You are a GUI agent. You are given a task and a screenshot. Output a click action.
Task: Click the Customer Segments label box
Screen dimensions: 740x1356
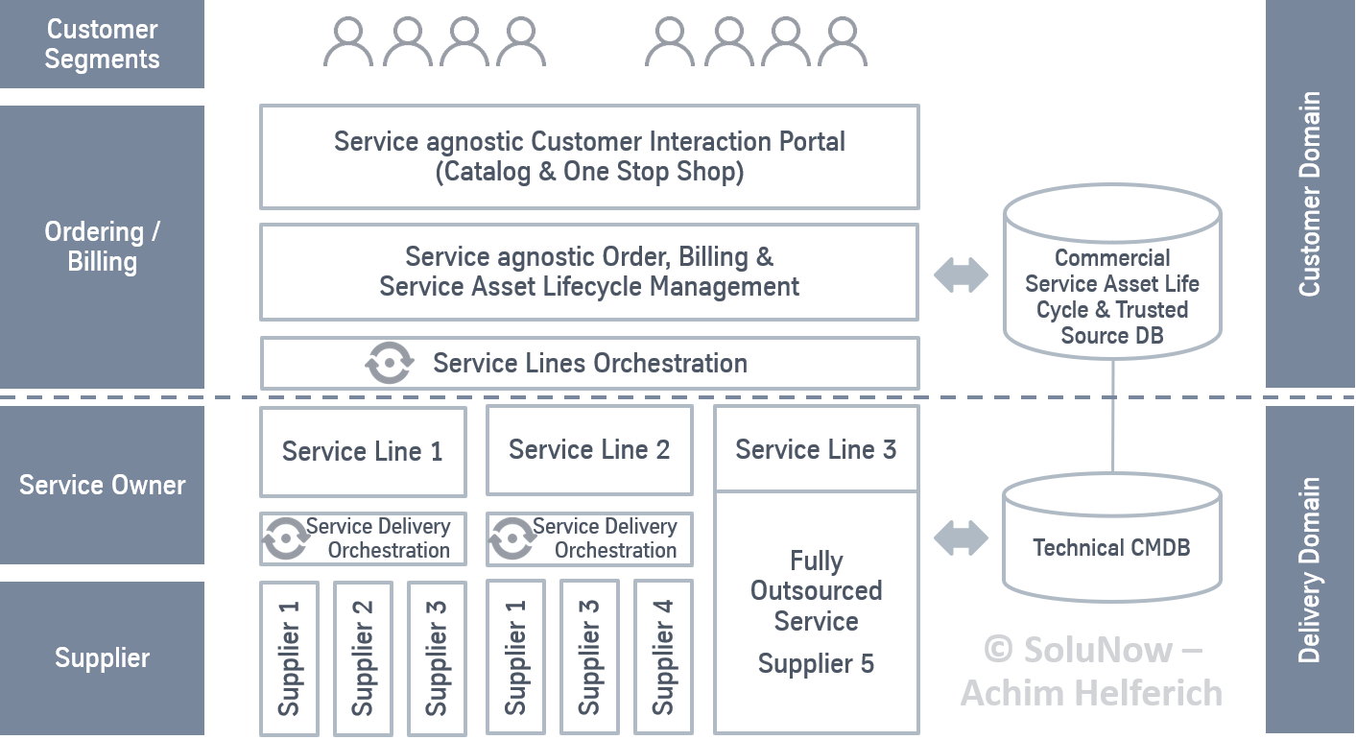pyautogui.click(x=102, y=44)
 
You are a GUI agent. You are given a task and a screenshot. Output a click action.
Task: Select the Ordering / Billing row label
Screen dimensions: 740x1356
pyautogui.click(x=102, y=247)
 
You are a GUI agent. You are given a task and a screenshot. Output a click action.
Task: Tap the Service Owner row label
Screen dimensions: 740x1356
pyautogui.click(x=102, y=485)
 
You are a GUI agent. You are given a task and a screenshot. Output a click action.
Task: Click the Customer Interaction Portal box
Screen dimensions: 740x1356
pyautogui.click(x=589, y=156)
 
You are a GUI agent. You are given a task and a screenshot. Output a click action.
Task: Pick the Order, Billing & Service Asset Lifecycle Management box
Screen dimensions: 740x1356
pyautogui.click(x=589, y=272)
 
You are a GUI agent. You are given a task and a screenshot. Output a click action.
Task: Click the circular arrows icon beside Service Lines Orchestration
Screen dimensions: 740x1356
pyautogui.click(x=390, y=364)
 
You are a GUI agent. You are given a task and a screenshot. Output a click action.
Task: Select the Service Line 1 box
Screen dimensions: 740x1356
pyautogui.click(x=363, y=451)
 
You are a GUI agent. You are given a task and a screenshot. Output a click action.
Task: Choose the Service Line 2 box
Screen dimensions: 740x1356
pyautogui.click(x=589, y=450)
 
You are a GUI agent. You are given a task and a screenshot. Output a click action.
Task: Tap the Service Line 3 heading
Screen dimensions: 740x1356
pyautogui.click(x=816, y=449)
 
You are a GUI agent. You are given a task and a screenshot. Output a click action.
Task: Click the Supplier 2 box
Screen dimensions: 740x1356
pyautogui.click(x=363, y=657)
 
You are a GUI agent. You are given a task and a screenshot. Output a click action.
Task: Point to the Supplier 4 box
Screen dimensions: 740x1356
pyautogui.click(x=663, y=657)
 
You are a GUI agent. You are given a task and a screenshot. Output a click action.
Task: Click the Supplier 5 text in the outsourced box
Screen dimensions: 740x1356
pyautogui.click(x=816, y=663)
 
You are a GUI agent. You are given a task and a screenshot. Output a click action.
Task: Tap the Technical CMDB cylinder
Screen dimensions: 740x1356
pyautogui.click(x=1111, y=542)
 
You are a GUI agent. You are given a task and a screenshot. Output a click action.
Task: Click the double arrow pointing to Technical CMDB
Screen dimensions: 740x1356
pyautogui.click(x=961, y=537)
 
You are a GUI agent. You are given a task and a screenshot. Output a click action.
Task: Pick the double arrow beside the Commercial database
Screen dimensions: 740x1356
pyautogui.click(x=961, y=275)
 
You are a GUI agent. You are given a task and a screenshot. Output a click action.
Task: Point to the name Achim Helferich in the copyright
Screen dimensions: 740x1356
pyautogui.click(x=1091, y=692)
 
